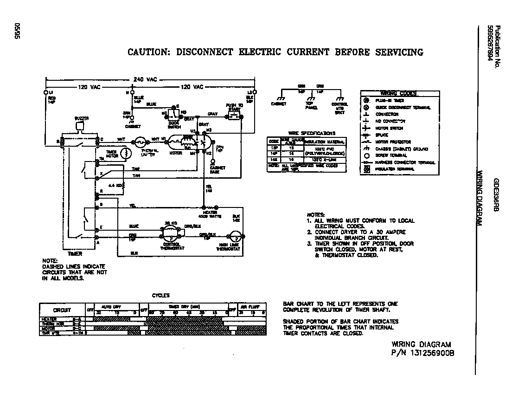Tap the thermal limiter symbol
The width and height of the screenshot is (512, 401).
pyautogui.click(x=139, y=142)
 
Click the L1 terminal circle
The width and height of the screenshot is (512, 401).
pyautogui.click(x=46, y=93)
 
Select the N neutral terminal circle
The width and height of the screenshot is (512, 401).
pyautogui.click(x=132, y=93)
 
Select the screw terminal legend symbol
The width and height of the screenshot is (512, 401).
pyautogui.click(x=366, y=155)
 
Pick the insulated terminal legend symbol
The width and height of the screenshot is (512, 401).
pyautogui.click(x=366, y=169)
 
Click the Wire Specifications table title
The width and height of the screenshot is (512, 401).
pyautogui.click(x=306, y=133)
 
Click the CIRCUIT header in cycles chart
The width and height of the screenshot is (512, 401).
pyautogui.click(x=62, y=310)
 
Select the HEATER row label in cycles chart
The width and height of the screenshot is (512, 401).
pyautogui.click(x=49, y=319)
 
